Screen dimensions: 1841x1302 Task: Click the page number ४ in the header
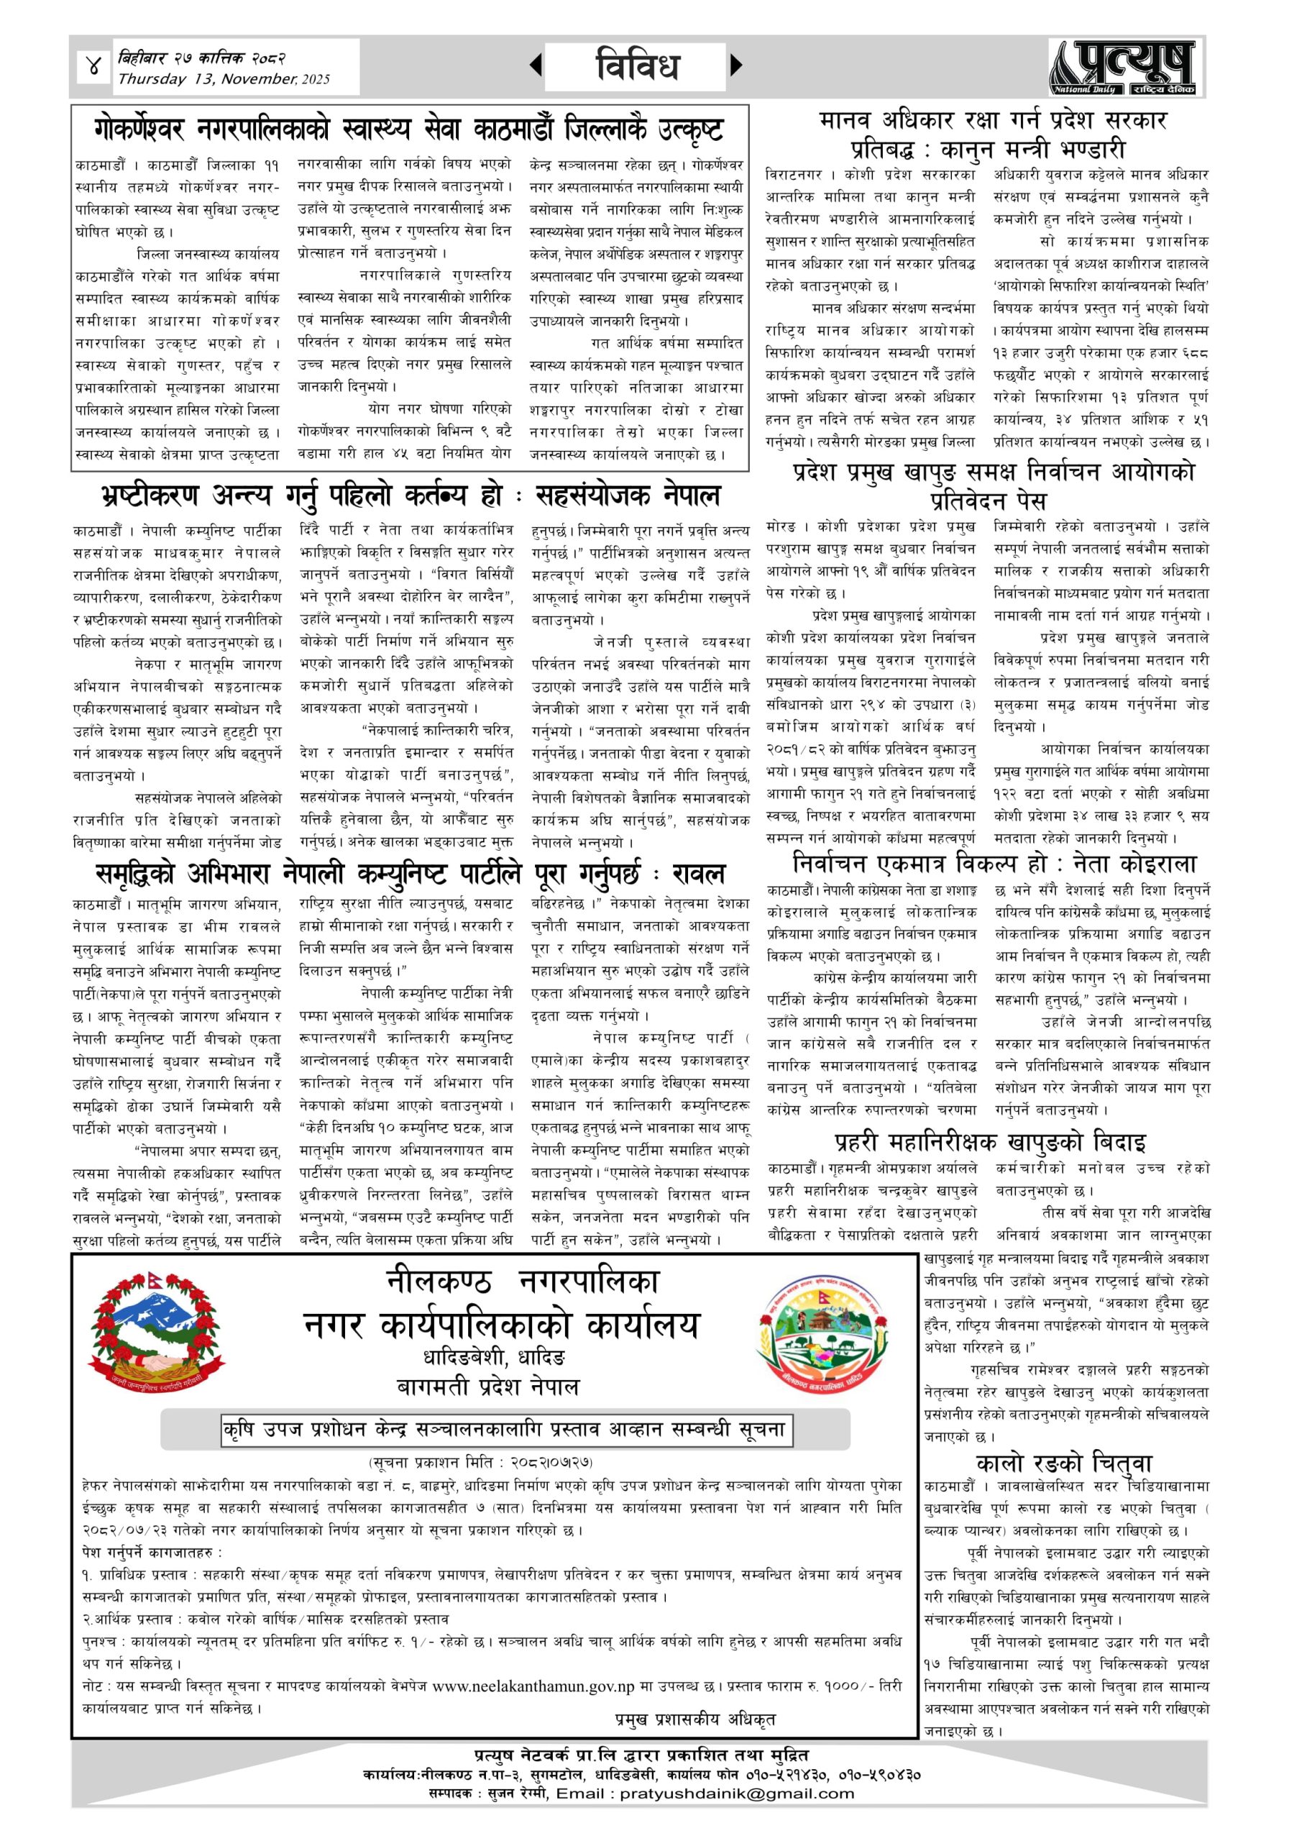tap(95, 68)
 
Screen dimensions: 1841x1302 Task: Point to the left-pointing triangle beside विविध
tap(536, 65)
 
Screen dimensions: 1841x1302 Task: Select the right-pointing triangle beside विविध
tap(737, 65)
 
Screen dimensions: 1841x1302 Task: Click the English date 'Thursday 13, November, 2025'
tap(224, 79)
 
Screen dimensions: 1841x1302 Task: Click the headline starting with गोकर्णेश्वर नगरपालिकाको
tap(409, 128)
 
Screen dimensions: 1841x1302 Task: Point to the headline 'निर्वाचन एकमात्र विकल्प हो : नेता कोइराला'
tap(994, 864)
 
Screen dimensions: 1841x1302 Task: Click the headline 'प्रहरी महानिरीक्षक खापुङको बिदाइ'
tap(990, 1141)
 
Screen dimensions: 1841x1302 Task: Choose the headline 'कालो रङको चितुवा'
tap(1064, 1463)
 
